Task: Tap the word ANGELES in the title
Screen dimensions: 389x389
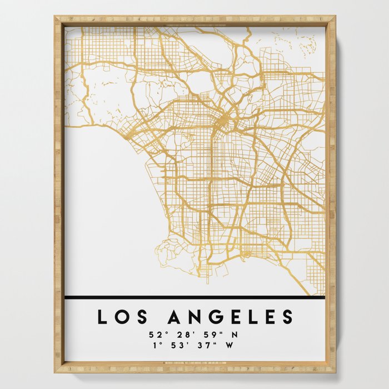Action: (230, 317)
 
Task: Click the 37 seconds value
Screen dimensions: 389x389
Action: (201, 345)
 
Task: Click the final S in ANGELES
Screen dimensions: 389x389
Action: (287, 317)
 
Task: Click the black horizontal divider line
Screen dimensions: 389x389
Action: (194, 297)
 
